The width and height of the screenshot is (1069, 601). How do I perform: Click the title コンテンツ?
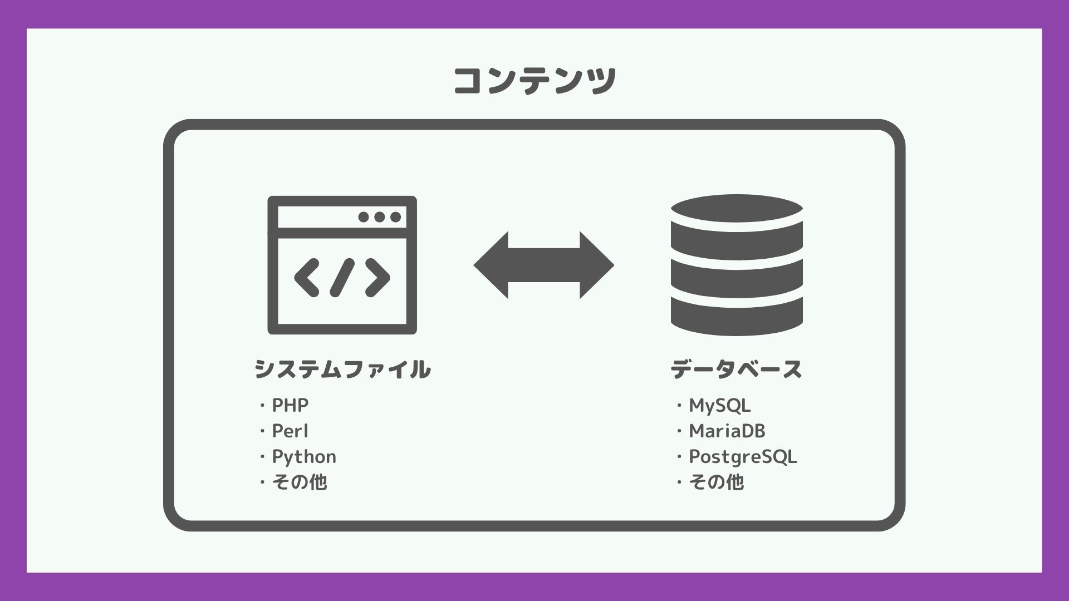(x=534, y=81)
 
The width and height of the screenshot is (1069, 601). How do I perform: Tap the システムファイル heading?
(x=342, y=370)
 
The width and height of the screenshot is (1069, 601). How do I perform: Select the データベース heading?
(x=736, y=370)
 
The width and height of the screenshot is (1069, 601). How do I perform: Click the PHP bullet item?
(x=290, y=405)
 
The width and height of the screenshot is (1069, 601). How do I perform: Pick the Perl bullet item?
(x=290, y=431)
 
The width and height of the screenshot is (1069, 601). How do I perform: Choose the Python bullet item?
(x=303, y=456)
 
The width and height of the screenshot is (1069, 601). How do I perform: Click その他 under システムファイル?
(x=299, y=482)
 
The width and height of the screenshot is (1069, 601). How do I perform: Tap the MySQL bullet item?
(x=719, y=405)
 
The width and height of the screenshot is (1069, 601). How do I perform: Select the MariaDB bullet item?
(x=727, y=431)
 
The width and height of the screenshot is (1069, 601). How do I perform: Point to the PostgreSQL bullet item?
(x=743, y=456)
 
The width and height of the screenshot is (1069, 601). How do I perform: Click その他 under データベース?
(x=716, y=482)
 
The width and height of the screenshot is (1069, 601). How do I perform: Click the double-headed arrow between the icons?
(x=543, y=265)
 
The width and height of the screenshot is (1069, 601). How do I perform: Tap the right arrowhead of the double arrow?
(x=596, y=265)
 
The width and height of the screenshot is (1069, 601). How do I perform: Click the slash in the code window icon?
(x=342, y=277)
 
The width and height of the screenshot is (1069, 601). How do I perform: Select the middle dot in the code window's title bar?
(x=380, y=217)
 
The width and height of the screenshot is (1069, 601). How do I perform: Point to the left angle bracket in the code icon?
(x=307, y=277)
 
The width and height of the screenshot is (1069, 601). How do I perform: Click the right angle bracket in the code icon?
(x=377, y=277)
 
